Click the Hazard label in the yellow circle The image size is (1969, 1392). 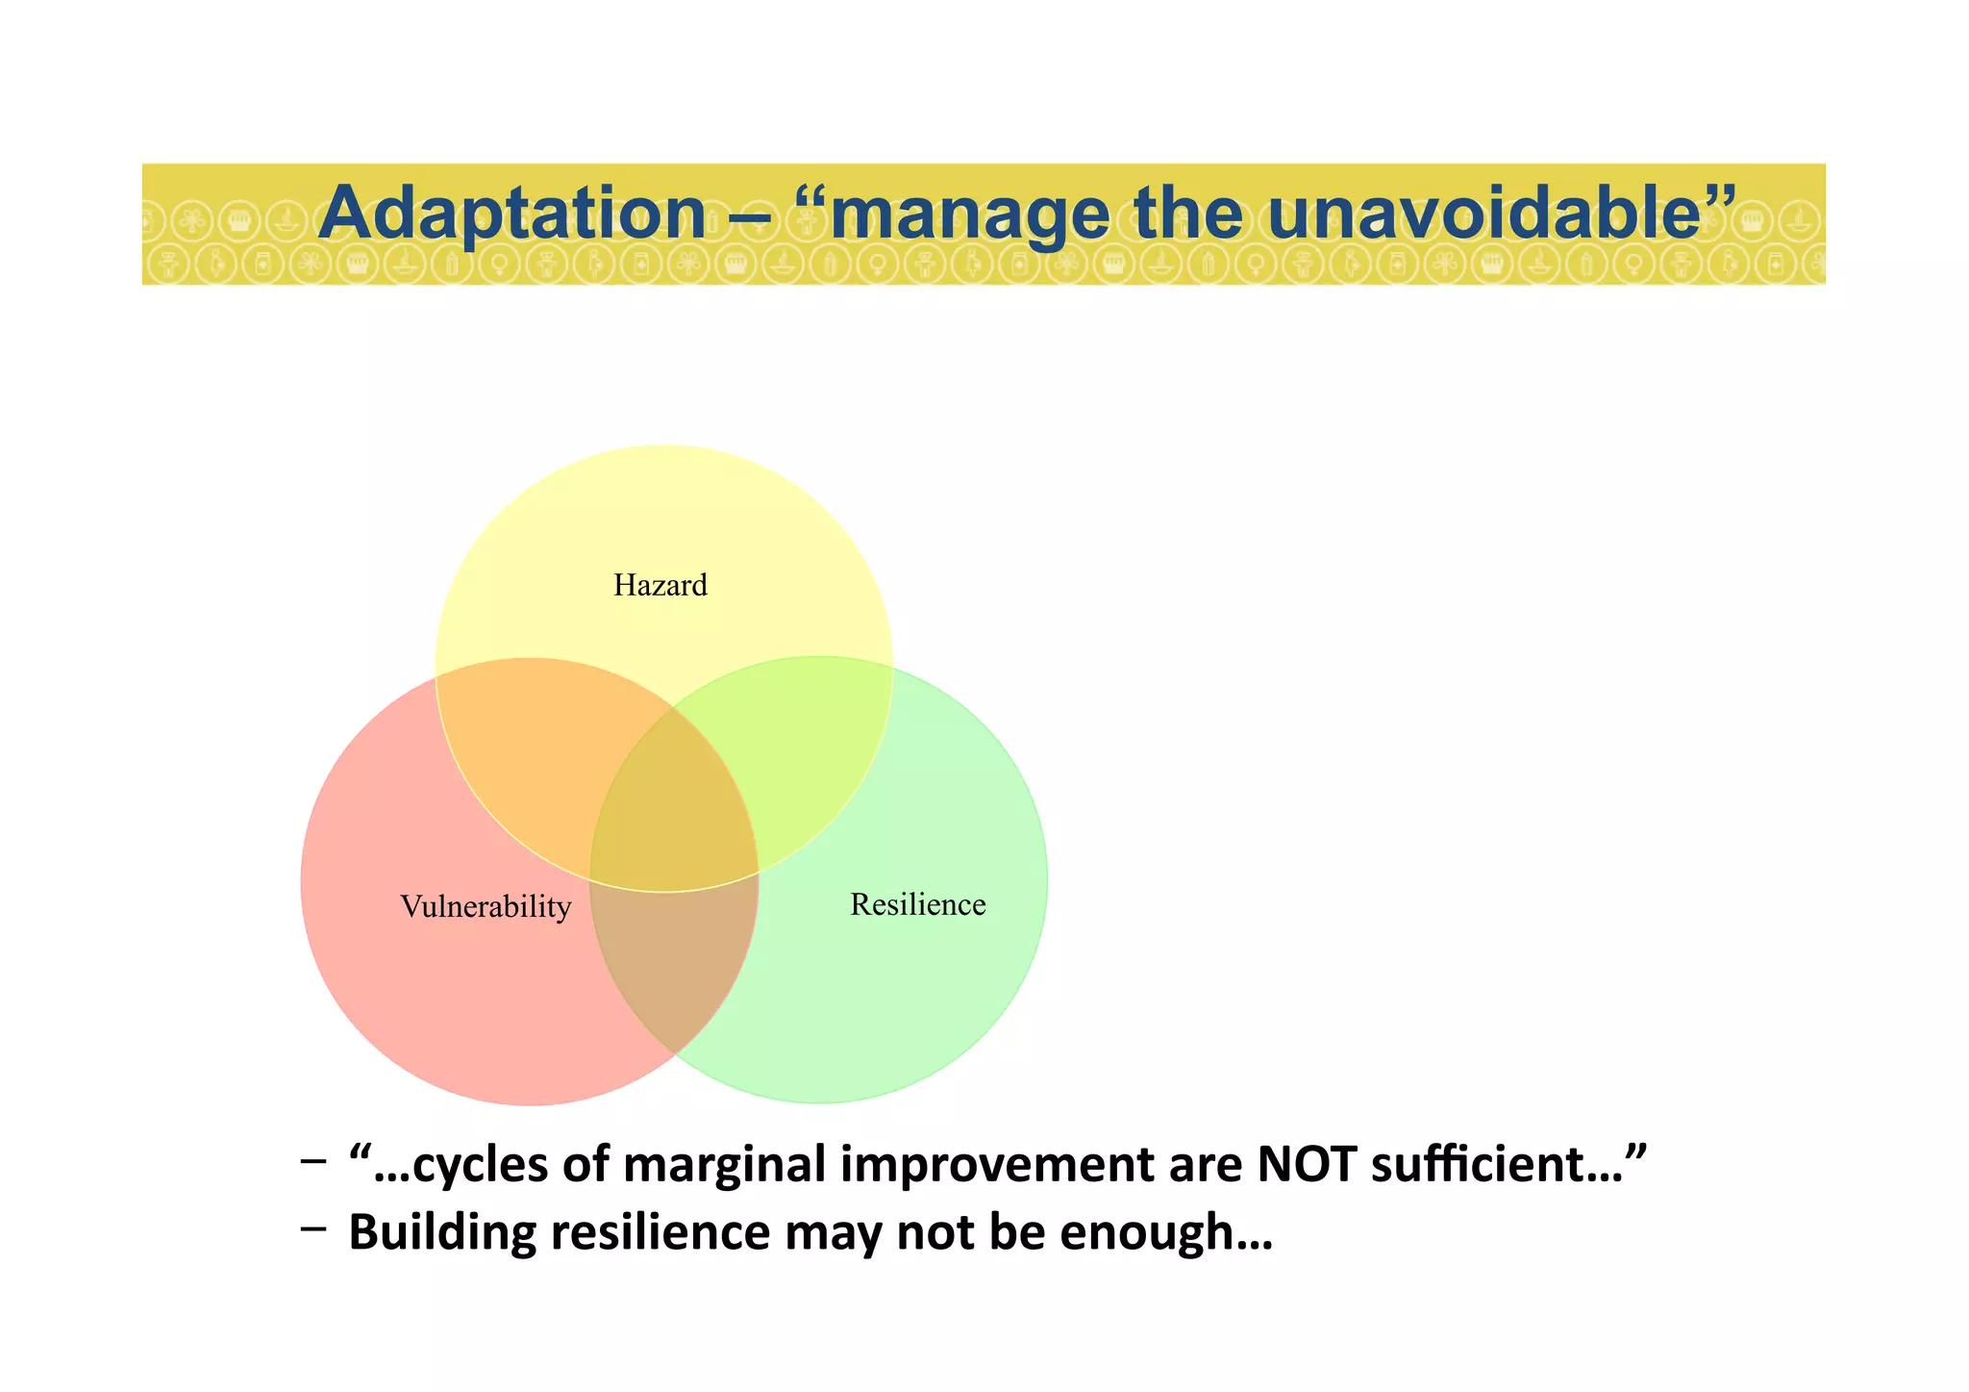tap(660, 585)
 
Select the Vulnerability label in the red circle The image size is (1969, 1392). tap(486, 906)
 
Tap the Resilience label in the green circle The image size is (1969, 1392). tap(917, 904)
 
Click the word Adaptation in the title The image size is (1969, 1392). tap(511, 213)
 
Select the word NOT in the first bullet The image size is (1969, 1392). tap(1306, 1164)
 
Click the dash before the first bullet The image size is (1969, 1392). tap(312, 1160)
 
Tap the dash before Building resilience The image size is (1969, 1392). tap(312, 1228)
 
